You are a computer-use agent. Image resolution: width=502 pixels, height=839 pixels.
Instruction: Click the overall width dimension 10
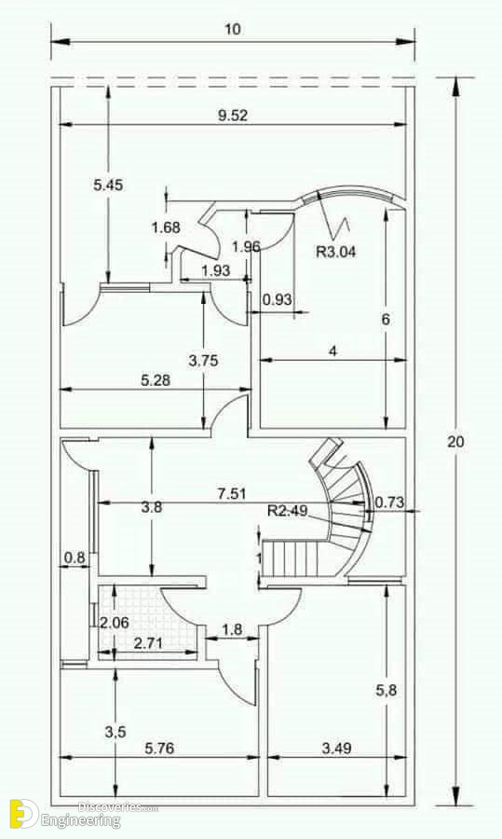(x=233, y=29)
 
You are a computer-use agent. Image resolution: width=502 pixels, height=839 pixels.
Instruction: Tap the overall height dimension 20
(x=456, y=442)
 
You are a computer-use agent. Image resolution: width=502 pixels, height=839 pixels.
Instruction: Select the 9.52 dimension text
(x=233, y=116)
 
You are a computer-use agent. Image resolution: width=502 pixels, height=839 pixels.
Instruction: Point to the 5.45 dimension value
(x=108, y=186)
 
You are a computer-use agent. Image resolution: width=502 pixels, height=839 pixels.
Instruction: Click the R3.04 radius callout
(x=335, y=252)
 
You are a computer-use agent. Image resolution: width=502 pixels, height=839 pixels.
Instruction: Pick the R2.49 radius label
(x=288, y=511)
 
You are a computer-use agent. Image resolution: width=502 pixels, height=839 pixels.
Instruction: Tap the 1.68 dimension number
(x=166, y=227)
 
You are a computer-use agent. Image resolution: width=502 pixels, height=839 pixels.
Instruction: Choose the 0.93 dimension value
(x=277, y=299)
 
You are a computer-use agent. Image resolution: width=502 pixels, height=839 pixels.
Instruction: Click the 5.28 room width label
(x=156, y=380)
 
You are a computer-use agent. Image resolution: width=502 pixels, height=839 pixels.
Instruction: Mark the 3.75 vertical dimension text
(x=203, y=361)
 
